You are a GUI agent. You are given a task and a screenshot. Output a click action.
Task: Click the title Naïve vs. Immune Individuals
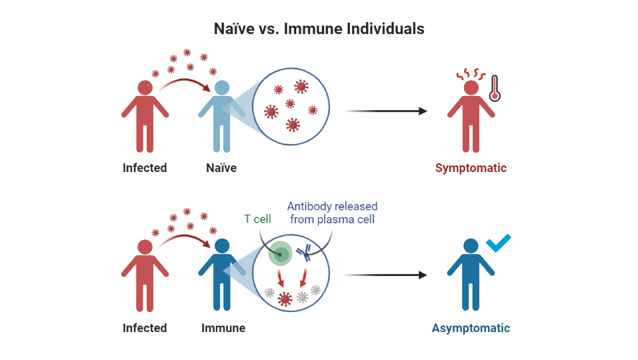(319, 29)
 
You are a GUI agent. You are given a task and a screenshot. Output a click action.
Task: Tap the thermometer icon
(494, 88)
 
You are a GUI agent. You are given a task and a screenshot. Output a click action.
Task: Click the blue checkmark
(499, 243)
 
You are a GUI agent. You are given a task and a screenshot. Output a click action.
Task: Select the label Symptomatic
(471, 168)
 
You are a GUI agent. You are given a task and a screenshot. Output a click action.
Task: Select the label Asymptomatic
(471, 328)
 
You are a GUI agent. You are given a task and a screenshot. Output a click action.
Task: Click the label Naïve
(221, 168)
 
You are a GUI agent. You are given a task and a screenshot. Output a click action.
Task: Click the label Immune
(223, 328)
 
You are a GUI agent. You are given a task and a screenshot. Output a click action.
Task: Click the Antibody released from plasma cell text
(332, 213)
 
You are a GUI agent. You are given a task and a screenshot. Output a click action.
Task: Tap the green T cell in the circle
(279, 253)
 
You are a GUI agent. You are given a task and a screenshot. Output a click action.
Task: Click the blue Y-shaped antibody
(305, 253)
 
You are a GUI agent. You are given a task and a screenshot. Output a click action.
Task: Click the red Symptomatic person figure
(471, 120)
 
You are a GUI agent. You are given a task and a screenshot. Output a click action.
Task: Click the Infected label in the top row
(145, 168)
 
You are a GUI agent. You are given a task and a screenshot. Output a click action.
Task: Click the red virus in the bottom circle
(285, 299)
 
